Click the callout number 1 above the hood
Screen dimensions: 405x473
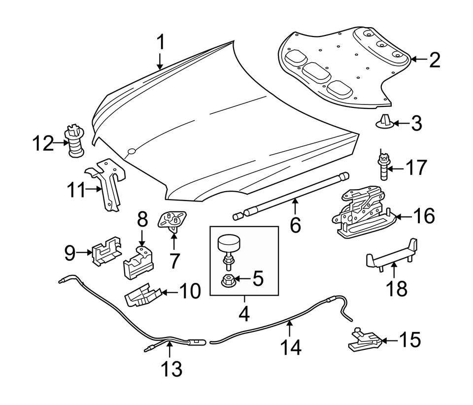tap(160, 43)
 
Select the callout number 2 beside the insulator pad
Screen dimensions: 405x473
tap(434, 60)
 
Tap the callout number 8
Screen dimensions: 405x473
tap(142, 219)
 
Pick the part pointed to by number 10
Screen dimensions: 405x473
tap(142, 295)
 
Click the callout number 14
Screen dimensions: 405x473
tap(291, 348)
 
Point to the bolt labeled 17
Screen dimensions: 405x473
tap(384, 167)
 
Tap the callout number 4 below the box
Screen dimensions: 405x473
tap(244, 312)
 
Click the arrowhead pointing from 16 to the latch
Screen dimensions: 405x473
tap(397, 216)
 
